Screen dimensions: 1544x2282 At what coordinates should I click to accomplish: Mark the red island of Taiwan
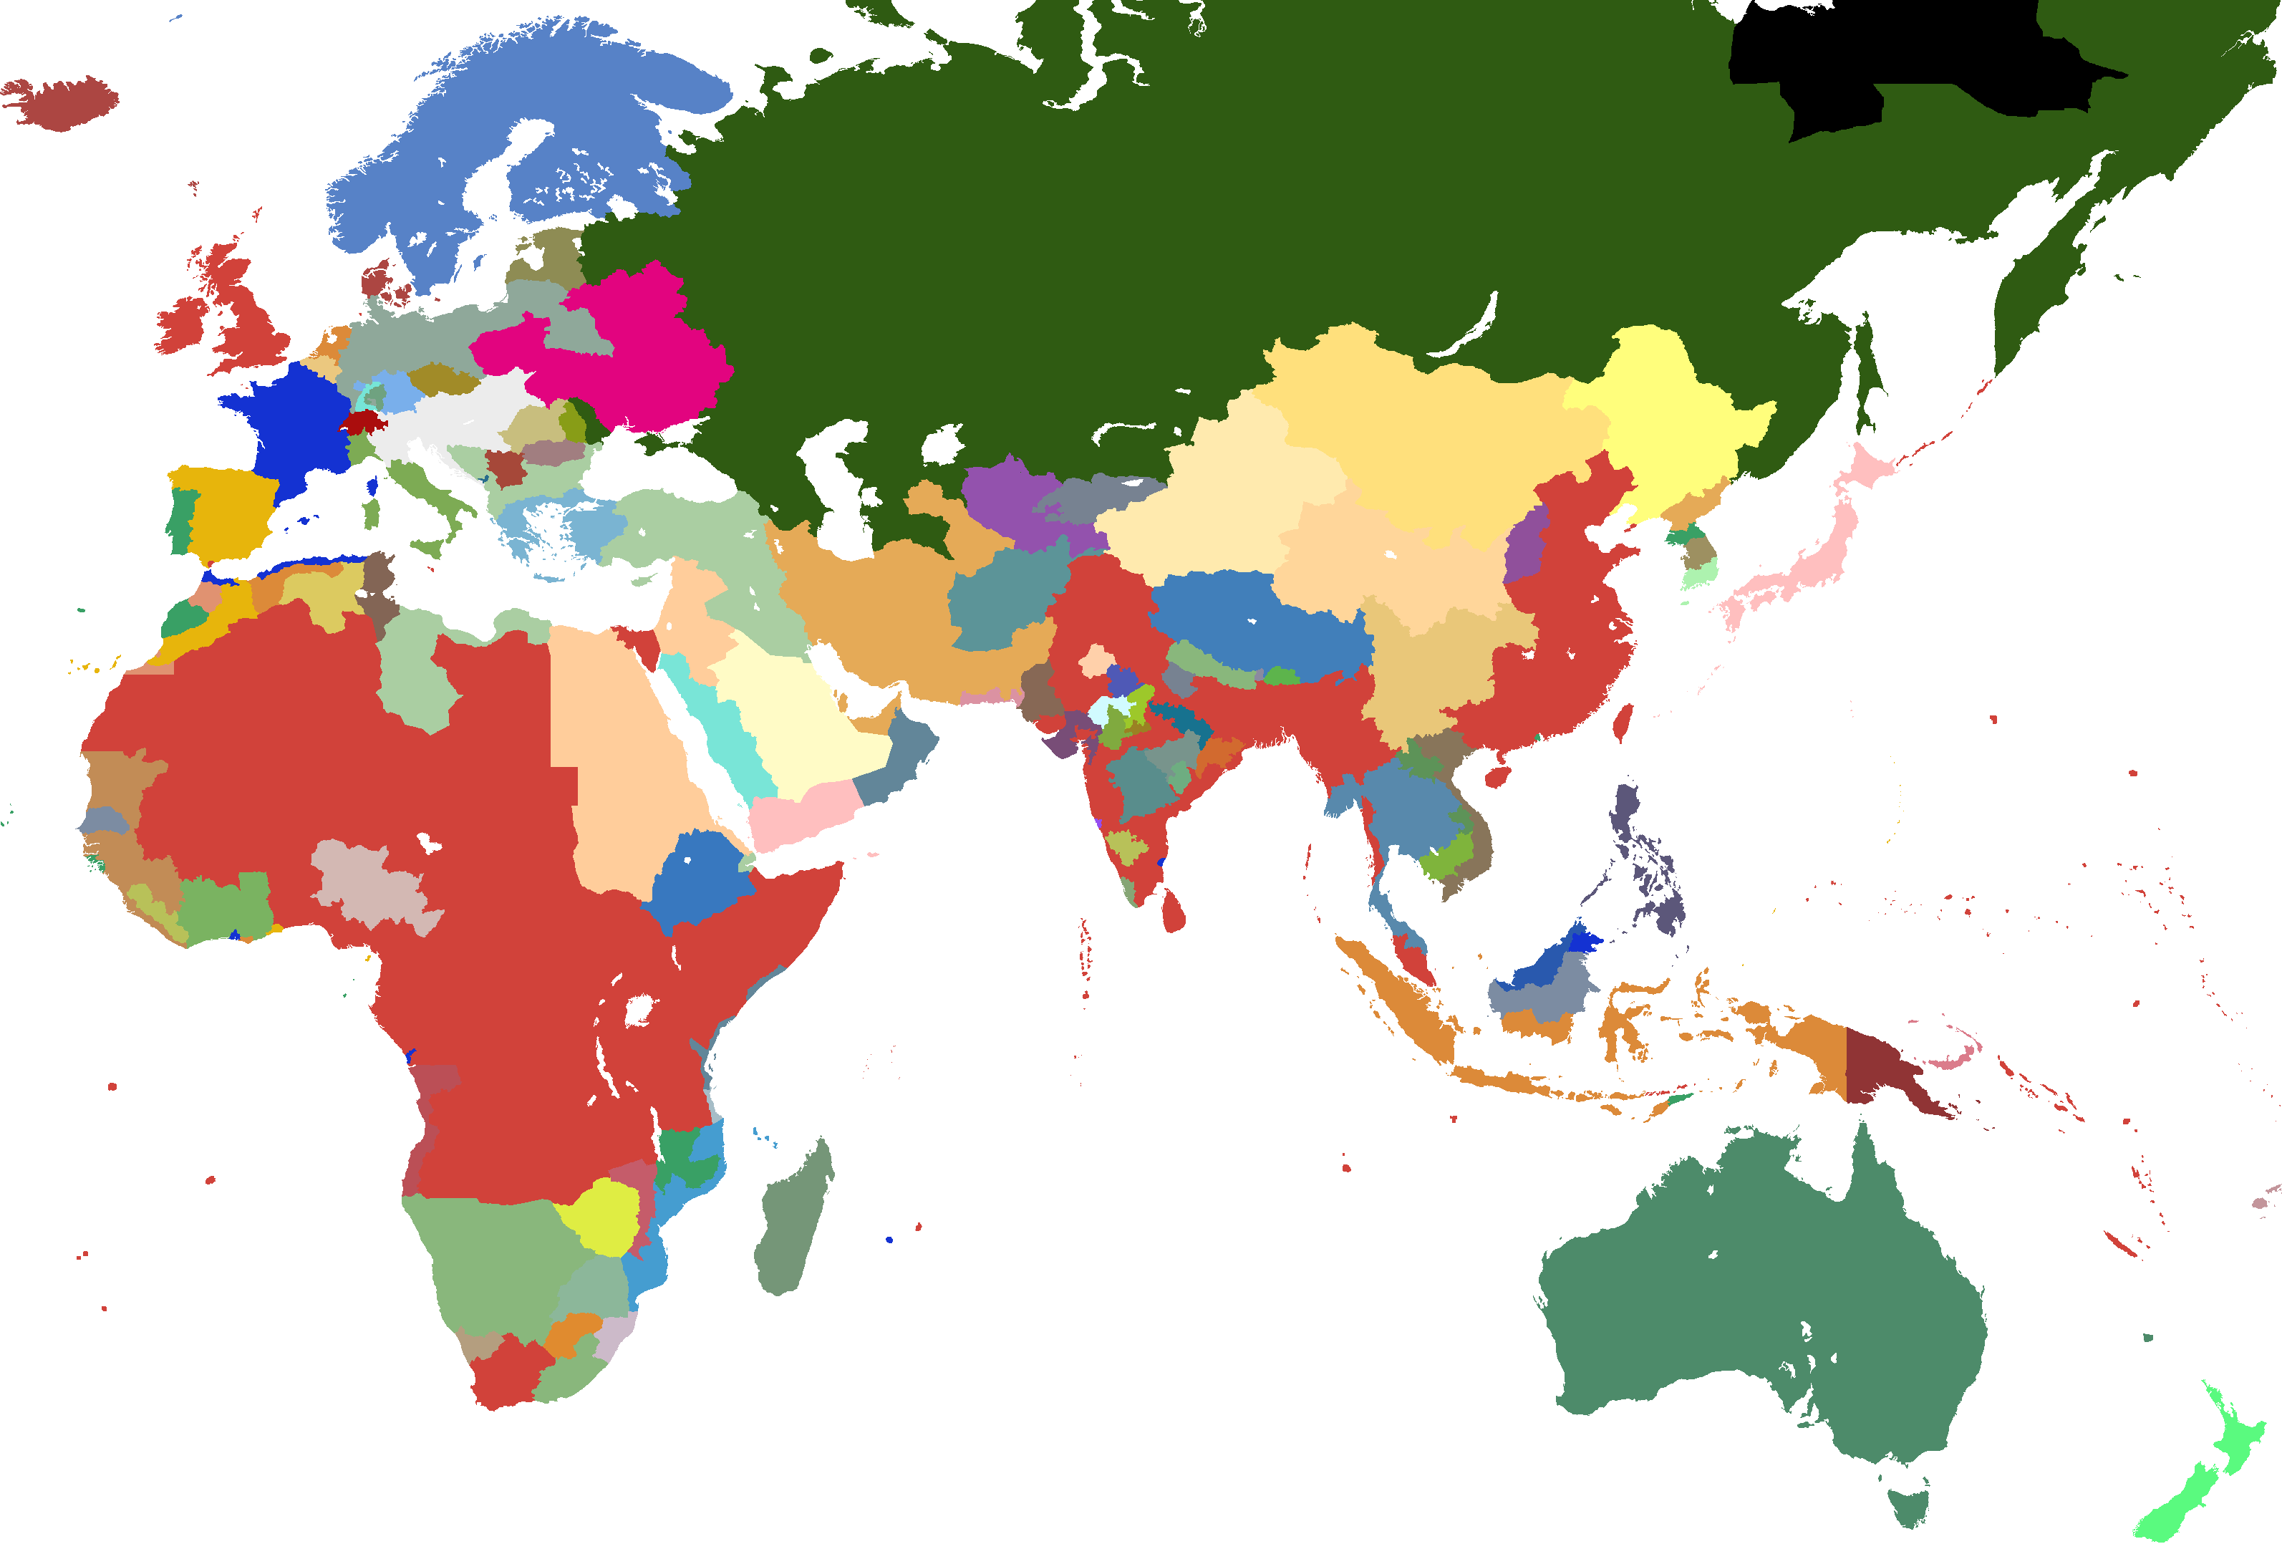1623,722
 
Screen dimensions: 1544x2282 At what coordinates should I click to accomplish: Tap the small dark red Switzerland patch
362,423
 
